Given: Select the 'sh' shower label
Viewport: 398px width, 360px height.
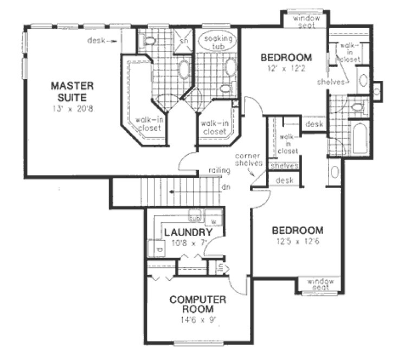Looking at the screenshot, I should coord(183,40).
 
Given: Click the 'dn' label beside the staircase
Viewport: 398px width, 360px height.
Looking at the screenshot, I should coord(226,188).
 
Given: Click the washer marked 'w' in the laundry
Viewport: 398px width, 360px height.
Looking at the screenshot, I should coord(214,222).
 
